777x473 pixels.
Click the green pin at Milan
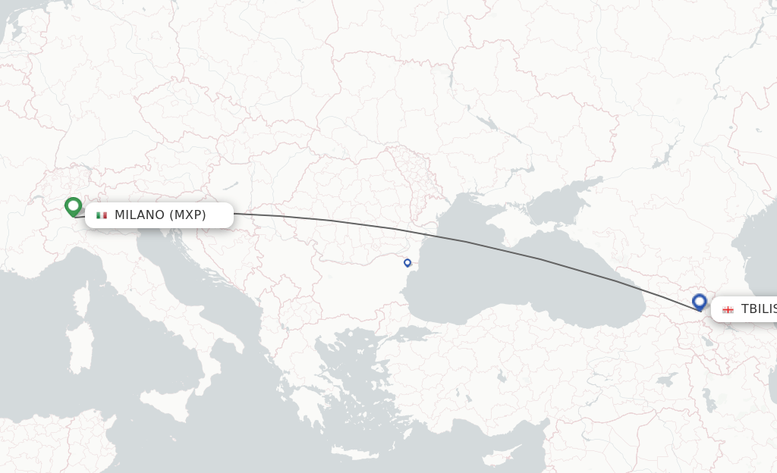click(73, 206)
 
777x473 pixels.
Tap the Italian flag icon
click(102, 215)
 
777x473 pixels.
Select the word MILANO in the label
click(140, 215)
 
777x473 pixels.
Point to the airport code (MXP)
click(187, 215)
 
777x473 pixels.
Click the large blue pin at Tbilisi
click(700, 302)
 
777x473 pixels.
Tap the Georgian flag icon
click(728, 309)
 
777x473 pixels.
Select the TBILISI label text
click(757, 309)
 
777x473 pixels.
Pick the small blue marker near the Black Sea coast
click(407, 263)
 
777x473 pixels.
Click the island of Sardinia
click(77, 349)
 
